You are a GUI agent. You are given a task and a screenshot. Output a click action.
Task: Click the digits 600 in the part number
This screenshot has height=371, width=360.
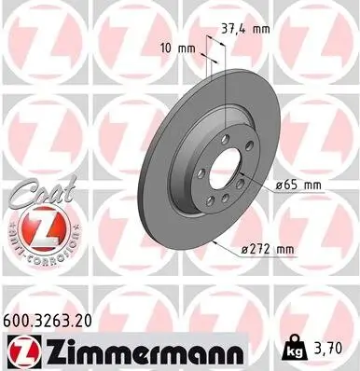(x=17, y=320)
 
